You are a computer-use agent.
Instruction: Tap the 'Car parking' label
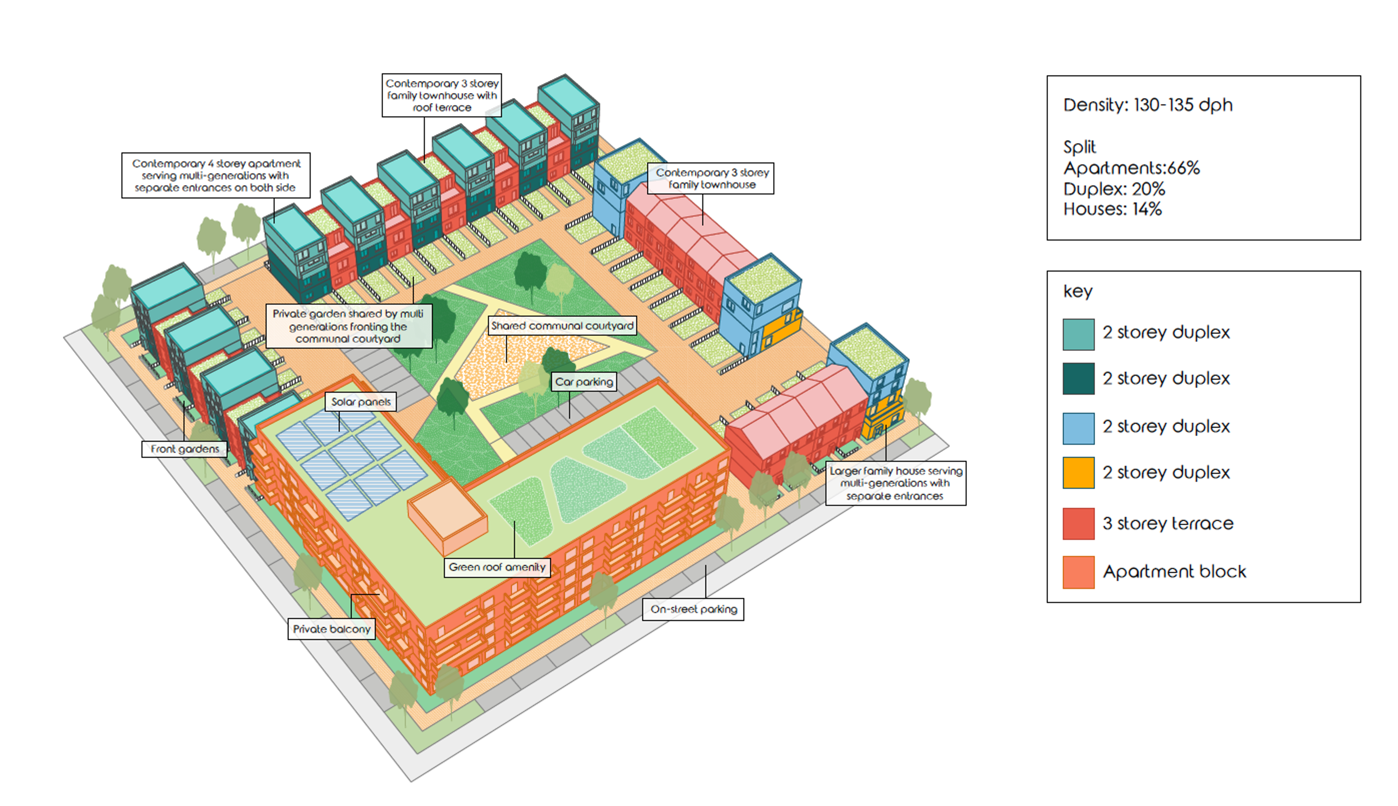[x=583, y=382]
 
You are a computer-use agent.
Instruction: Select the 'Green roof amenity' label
[x=497, y=567]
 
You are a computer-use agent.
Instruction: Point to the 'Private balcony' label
[x=331, y=629]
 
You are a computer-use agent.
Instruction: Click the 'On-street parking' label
[x=693, y=609]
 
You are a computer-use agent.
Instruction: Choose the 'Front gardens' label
[x=185, y=449]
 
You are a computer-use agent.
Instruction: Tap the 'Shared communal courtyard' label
[x=562, y=326]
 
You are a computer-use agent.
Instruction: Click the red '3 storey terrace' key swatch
[x=1078, y=524]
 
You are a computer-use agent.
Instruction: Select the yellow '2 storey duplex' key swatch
[x=1078, y=473]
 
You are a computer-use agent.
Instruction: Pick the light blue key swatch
[x=1078, y=428]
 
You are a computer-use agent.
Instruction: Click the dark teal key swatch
[x=1078, y=379]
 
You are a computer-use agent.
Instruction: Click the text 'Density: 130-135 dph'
[x=1148, y=105]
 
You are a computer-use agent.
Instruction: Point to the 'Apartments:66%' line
[x=1131, y=168]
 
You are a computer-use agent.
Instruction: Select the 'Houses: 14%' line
[x=1112, y=209]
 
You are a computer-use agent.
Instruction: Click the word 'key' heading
[x=1077, y=291]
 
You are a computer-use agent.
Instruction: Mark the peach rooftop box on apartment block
[x=447, y=514]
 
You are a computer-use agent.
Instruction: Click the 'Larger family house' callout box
[x=895, y=483]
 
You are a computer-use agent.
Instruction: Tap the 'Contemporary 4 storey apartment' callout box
[x=216, y=176]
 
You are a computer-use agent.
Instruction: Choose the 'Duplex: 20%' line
[x=1114, y=189]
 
